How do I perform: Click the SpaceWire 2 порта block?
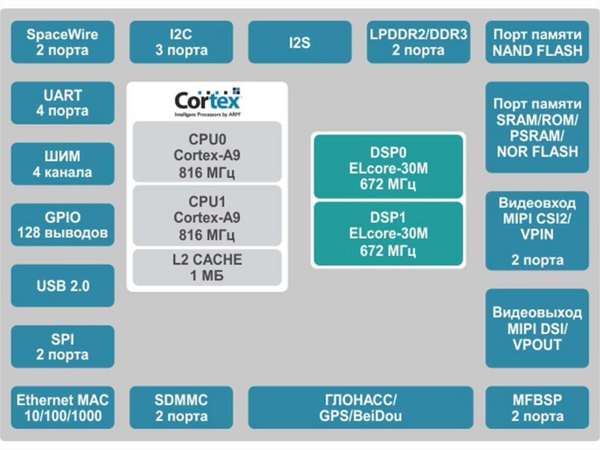point(63,42)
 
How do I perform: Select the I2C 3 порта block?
point(181,42)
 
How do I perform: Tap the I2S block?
point(299,42)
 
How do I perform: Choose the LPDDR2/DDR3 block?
point(418,42)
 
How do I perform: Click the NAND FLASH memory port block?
point(537,42)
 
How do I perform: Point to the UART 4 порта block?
point(63,103)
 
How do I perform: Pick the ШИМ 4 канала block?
point(63,164)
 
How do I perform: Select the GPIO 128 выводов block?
point(63,225)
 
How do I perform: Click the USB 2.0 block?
point(63,286)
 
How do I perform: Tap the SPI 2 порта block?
point(63,347)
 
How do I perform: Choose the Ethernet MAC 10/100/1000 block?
point(63,408)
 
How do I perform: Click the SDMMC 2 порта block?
point(181,408)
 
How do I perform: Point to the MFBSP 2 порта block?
point(537,408)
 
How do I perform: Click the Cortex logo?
point(207,101)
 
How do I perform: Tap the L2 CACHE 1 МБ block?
point(207,267)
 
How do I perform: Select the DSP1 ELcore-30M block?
point(388,234)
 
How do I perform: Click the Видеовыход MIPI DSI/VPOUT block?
point(537,328)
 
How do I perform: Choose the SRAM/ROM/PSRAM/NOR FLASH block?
point(537,128)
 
